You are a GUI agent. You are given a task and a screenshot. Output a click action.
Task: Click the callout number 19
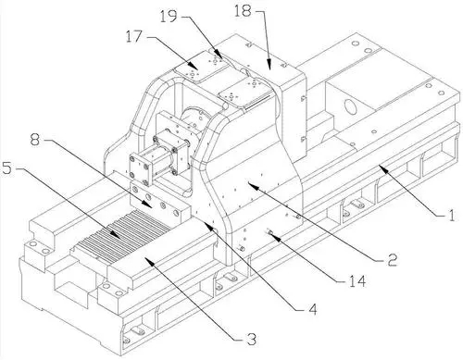(169, 16)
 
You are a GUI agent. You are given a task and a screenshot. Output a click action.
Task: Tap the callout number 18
(243, 11)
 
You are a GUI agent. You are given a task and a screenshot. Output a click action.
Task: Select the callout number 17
(133, 37)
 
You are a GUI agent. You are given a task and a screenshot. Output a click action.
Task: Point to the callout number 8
(35, 140)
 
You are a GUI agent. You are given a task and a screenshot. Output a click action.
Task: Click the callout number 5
(7, 168)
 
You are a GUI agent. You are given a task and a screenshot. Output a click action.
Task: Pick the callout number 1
(451, 215)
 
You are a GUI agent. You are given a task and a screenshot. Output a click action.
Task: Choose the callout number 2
(392, 260)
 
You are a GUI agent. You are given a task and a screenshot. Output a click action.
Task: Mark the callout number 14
(357, 281)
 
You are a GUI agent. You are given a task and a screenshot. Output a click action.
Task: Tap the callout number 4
(313, 309)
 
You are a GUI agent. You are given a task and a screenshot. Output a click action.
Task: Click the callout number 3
(252, 340)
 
